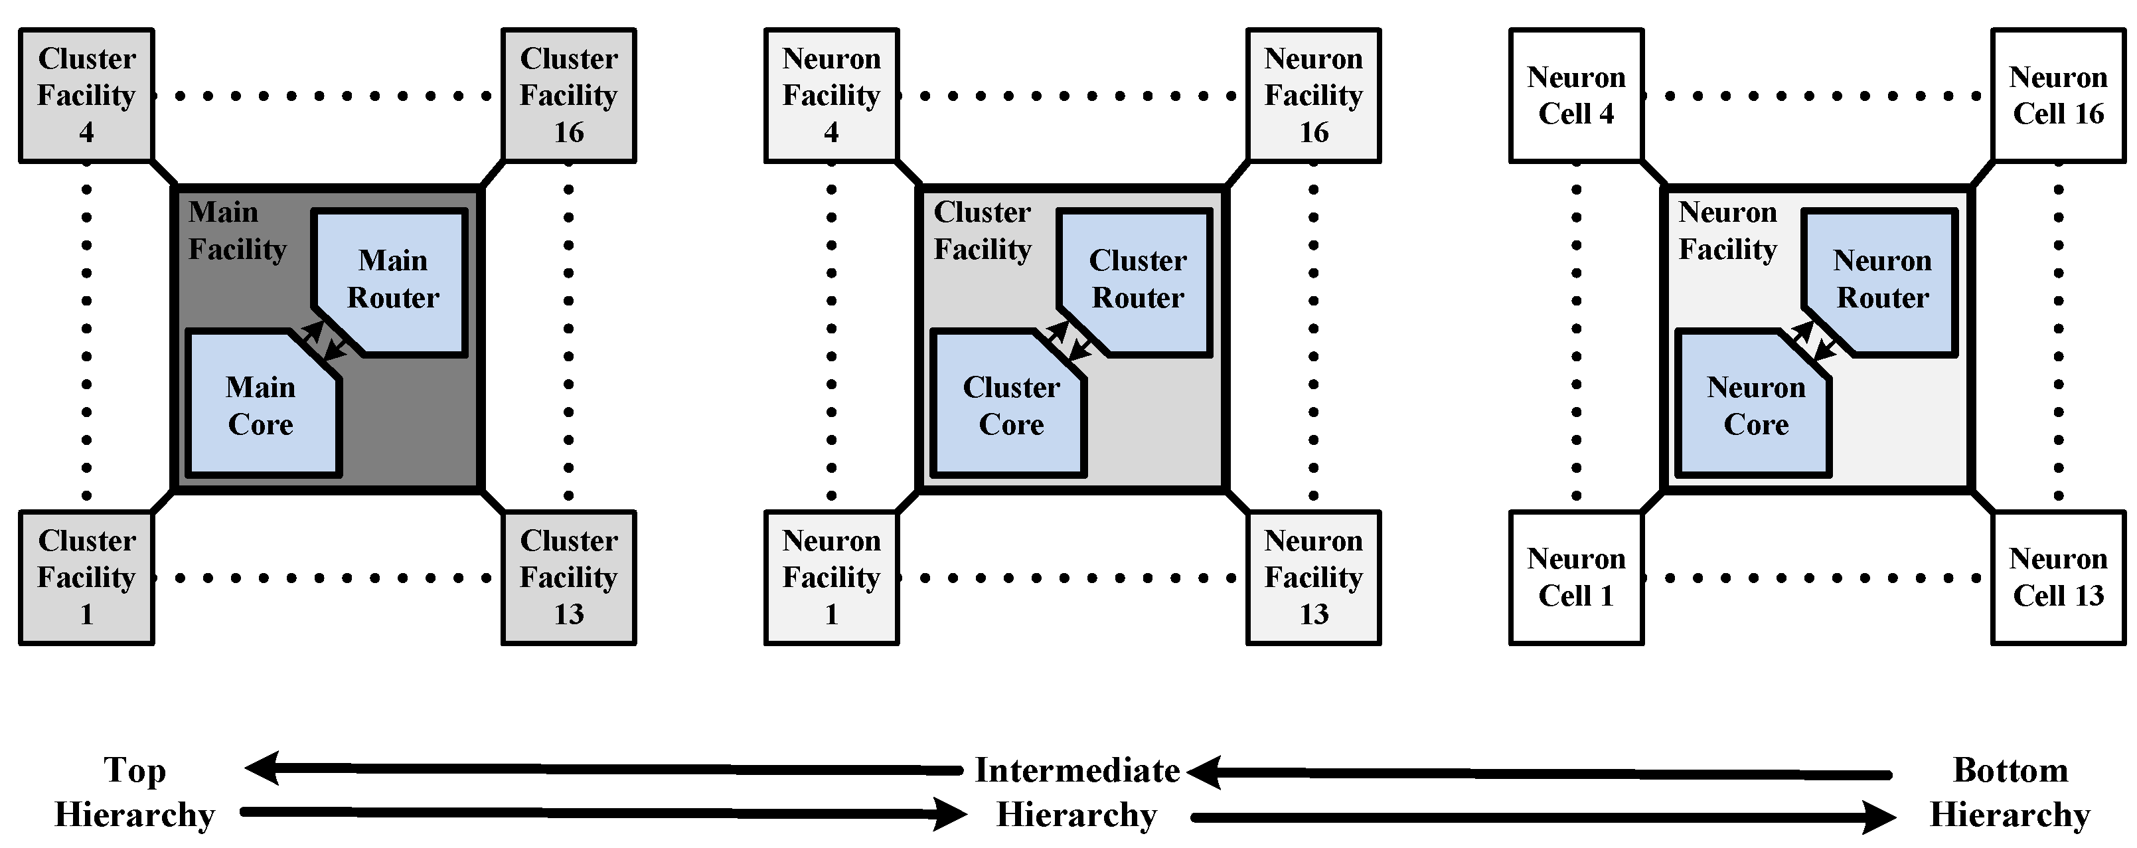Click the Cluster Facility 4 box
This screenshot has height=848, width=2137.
point(86,96)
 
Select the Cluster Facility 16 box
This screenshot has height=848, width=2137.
point(568,96)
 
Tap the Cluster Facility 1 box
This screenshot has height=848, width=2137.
point(86,578)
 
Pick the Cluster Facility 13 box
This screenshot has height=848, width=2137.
point(568,578)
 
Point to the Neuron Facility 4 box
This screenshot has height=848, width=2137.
point(831,96)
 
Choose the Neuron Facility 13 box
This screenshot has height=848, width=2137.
point(1313,578)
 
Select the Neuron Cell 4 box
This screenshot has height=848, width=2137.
point(1576,96)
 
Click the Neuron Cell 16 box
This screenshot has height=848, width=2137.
point(2058,96)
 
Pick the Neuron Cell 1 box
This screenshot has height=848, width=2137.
point(1576,578)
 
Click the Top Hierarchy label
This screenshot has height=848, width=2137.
point(134,792)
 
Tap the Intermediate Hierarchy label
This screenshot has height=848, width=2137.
point(1077,792)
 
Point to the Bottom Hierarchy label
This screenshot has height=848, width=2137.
point(2010,792)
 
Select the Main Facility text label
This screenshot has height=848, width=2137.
point(236,230)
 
